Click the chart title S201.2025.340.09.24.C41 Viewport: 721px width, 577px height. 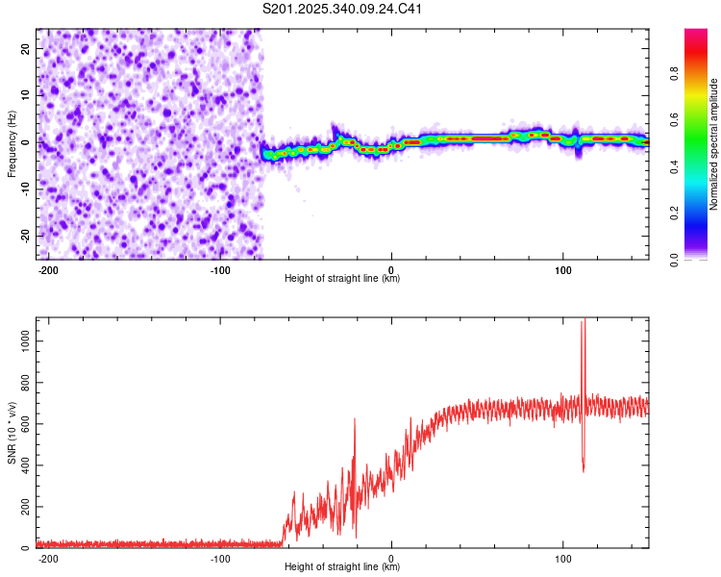tap(343, 9)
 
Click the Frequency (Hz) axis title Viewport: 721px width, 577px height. tap(12, 144)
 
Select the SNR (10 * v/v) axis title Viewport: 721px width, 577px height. tap(12, 433)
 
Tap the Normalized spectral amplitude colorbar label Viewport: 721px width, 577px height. tap(713, 144)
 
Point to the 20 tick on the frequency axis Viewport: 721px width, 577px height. tap(26, 47)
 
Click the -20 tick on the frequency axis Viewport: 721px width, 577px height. tap(24, 236)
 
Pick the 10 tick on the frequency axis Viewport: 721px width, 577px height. tap(26, 94)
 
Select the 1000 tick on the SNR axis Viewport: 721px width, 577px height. tap(18, 341)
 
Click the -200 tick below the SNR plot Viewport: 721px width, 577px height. tap(47, 558)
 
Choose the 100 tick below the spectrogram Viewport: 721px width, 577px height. tap(562, 269)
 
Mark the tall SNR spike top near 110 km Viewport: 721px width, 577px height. tap(583, 321)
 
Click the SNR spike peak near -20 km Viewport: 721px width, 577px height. tap(355, 418)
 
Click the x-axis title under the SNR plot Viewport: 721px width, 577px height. tap(342, 567)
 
